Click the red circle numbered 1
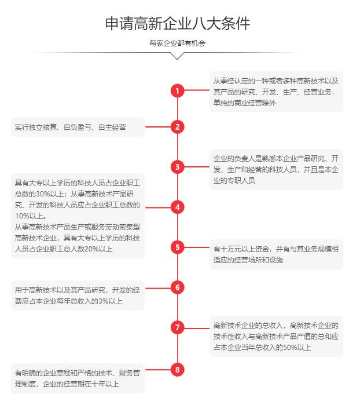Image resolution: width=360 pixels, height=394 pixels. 178,90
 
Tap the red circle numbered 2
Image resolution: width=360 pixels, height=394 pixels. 178,127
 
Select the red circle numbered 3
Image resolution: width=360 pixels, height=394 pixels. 178,167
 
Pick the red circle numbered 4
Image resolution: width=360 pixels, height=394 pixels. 178,207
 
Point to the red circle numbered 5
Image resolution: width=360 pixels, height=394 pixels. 178,247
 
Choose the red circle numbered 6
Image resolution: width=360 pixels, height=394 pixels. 178,287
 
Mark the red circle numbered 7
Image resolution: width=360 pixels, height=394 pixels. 178,327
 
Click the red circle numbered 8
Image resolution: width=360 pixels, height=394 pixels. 178,370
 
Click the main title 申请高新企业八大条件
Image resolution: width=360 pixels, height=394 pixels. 178,24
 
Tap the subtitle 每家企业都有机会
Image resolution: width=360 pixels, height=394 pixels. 178,43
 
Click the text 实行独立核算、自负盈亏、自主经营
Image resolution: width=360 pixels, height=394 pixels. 70,127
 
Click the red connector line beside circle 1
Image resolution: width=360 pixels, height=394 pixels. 197,90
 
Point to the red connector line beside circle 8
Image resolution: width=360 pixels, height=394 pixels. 158,370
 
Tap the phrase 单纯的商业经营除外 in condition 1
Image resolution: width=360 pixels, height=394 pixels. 244,103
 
